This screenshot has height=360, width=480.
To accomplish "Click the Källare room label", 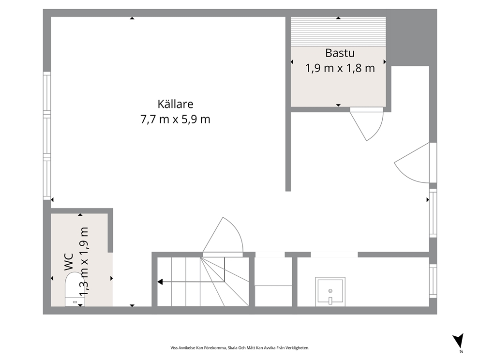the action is [x=176, y=104].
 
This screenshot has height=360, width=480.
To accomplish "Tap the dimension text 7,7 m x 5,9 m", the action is [x=176, y=119].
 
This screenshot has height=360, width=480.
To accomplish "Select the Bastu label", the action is [x=340, y=53].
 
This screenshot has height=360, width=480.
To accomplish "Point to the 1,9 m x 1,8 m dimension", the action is [x=340, y=68].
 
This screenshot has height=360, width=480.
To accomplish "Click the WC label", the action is [x=69, y=262].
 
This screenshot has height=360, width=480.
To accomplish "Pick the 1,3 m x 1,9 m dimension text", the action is [x=84, y=262].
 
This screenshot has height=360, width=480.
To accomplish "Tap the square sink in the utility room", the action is [x=330, y=292].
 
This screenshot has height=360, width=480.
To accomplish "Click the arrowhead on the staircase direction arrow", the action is [x=160, y=282].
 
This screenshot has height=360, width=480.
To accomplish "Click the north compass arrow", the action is [x=459, y=341].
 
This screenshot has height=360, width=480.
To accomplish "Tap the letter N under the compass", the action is [x=461, y=351].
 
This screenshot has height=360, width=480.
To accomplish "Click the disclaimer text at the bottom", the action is [x=240, y=348].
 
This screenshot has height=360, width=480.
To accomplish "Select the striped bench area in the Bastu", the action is [x=338, y=31].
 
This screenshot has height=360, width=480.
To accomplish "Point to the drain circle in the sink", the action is [x=330, y=291].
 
